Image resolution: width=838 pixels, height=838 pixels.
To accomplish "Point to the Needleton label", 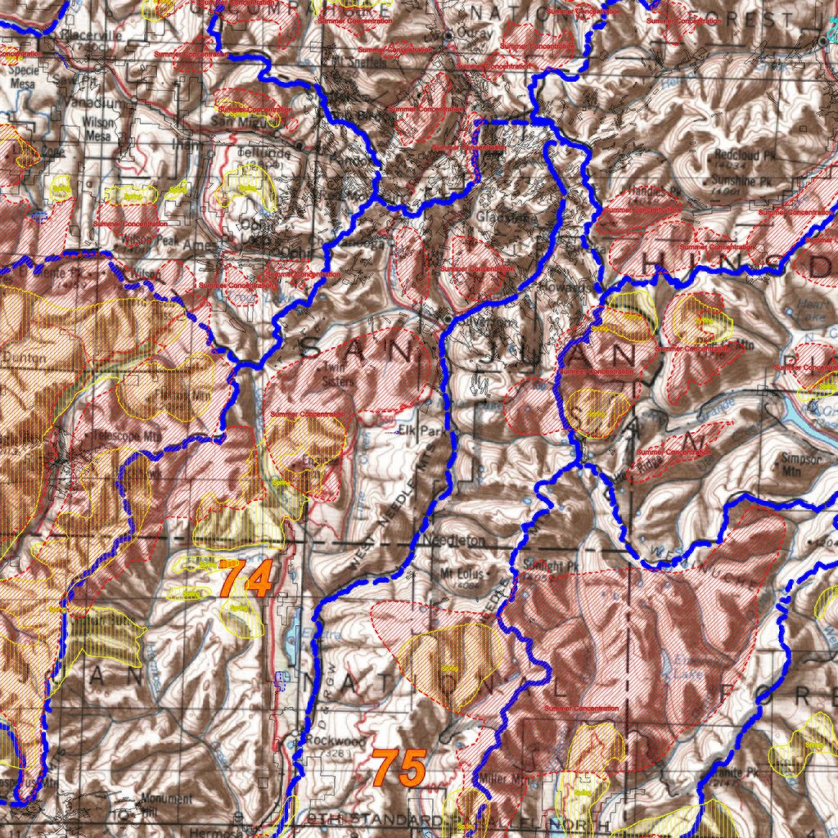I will pos(456,542).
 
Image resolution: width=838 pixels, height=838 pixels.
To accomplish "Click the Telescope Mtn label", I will pos(123,436).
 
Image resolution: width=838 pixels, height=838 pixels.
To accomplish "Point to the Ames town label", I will pos(197,244).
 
